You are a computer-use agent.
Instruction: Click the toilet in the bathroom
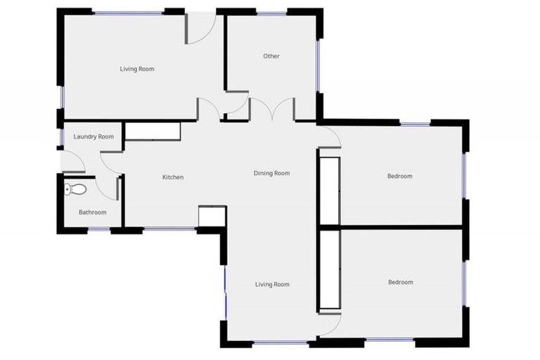tap(75, 188)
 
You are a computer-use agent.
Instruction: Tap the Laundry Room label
tap(94, 136)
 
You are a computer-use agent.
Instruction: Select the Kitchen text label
tap(173, 177)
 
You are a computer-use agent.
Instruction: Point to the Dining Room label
tap(271, 173)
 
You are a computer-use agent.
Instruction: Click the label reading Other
tap(271, 56)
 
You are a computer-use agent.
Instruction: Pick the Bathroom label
tap(92, 212)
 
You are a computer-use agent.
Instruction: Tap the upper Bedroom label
tap(399, 176)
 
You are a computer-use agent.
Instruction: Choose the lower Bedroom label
tap(400, 283)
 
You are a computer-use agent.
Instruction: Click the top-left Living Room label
tap(136, 69)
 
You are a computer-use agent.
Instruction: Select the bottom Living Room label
tap(271, 285)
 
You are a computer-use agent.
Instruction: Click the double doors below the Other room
tap(272, 110)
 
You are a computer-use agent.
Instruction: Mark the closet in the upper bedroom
tap(330, 188)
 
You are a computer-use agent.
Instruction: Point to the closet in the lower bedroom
tap(330, 270)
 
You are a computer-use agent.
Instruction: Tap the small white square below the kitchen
tap(211, 217)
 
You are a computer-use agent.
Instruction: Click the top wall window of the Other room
tap(271, 13)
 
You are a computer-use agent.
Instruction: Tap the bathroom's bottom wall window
tap(99, 229)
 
